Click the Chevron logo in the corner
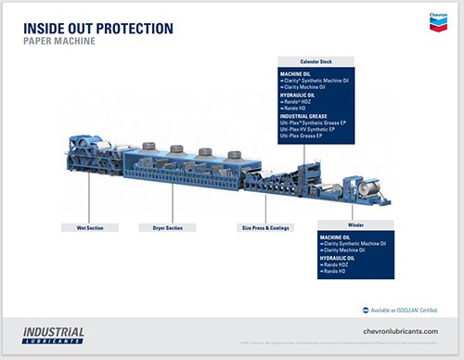tap(438, 21)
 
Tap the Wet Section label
tap(89, 226)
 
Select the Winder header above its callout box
tap(355, 223)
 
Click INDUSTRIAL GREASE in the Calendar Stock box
tap(312, 116)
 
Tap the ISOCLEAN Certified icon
tap(353, 310)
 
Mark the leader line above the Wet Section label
tap(89, 199)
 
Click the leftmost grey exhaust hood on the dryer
tap(148, 147)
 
